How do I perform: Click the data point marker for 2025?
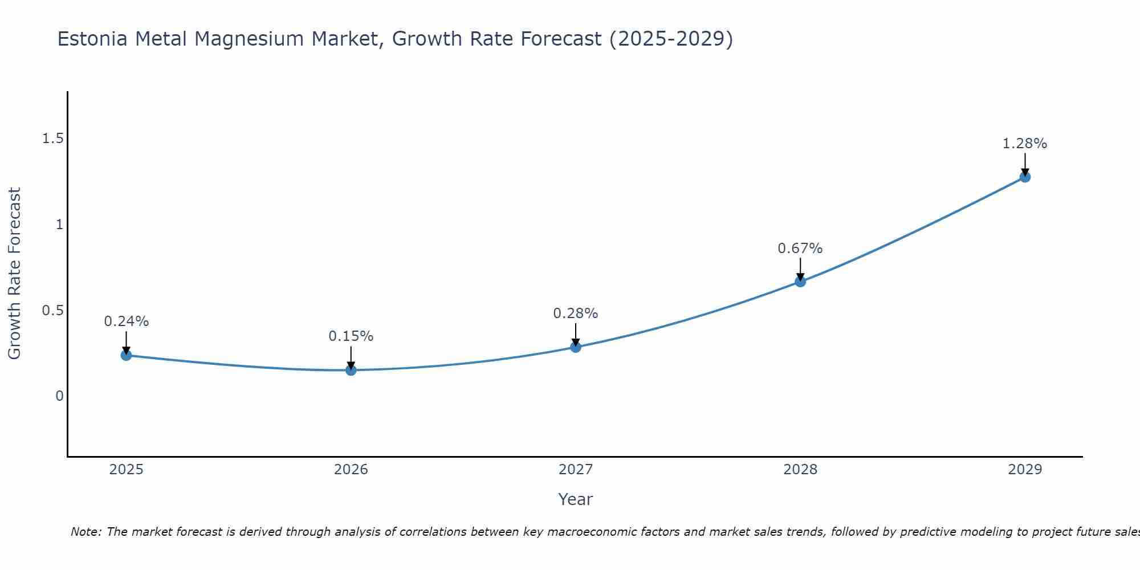126,355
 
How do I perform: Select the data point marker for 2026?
351,370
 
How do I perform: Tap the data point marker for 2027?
576,347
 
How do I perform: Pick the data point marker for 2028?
800,282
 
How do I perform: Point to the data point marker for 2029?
1025,177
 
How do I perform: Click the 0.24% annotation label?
126,321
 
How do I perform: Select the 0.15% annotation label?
351,336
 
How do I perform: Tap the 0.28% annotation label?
576,313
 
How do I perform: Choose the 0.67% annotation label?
800,249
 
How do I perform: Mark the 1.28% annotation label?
1025,144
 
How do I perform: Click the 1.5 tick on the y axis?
52,139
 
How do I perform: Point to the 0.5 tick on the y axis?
52,311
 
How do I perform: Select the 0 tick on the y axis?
59,396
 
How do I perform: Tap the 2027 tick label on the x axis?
576,470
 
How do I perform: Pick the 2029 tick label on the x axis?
1025,470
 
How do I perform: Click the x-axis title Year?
576,499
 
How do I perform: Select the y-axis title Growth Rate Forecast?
14,274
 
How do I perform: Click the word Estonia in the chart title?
93,39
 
